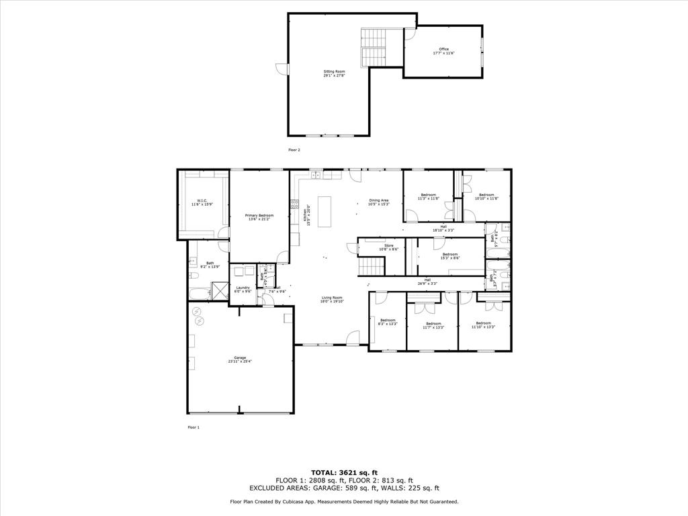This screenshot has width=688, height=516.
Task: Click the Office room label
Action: (443, 49)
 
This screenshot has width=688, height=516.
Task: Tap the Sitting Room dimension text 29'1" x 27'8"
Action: (334, 75)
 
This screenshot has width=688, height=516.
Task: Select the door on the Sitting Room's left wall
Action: (282, 69)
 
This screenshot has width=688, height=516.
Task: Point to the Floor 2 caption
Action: (294, 150)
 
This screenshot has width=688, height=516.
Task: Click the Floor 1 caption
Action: (193, 427)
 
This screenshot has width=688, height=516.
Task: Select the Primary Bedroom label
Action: (259, 215)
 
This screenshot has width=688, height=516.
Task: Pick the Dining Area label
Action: (379, 200)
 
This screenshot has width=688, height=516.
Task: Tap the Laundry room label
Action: (243, 288)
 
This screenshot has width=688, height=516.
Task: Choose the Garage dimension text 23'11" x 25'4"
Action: (240, 361)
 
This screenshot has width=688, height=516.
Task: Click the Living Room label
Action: (332, 298)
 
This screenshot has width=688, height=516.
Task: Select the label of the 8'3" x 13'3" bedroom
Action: (388, 320)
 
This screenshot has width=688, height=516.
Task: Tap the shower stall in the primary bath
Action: (220, 291)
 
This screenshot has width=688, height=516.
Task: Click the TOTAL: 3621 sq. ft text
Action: (343, 473)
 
